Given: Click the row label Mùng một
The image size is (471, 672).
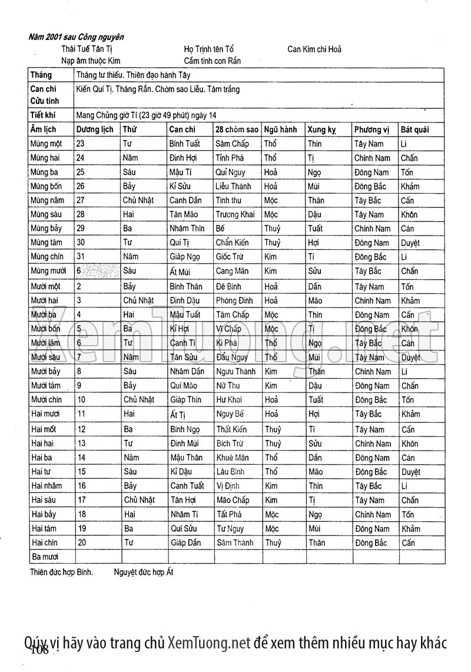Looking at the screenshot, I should pos(47,144).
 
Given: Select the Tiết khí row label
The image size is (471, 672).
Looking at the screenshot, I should pos(42,115).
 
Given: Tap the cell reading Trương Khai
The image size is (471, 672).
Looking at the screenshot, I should pos(235,214).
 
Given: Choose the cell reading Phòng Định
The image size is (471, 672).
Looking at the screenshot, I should pos(234,300).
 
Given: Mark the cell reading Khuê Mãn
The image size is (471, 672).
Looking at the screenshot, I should pos(233,458).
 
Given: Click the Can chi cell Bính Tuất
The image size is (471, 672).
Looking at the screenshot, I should pos(185,144).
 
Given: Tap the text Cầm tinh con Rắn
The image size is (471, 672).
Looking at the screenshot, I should pos(212,61).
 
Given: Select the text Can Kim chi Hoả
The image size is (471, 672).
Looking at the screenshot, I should pos(314,49).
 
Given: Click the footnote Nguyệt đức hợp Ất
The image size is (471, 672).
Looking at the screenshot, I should pos(144,571).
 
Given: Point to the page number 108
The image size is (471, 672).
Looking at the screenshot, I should pos(38,650).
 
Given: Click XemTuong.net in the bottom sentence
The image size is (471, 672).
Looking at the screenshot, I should pos(209,642).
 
